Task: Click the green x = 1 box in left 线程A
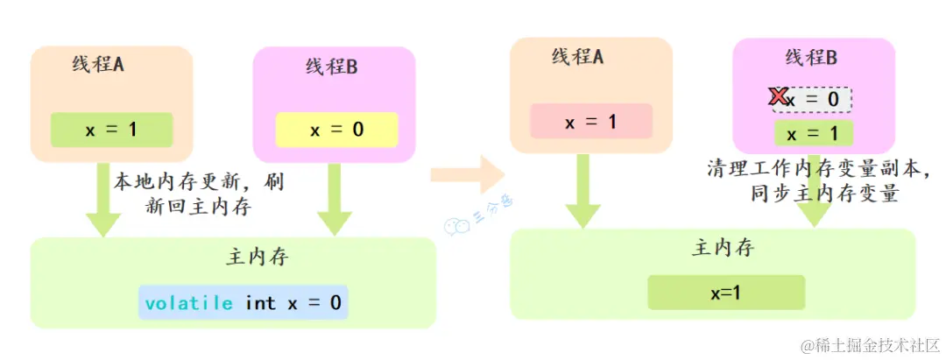coord(111,130)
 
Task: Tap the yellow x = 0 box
coord(336,130)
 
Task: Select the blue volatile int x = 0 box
coord(244,303)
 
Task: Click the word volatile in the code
coord(189,303)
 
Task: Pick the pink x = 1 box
coord(591,121)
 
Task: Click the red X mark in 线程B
coord(776,97)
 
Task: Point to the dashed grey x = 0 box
coord(813,100)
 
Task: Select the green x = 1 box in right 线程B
coord(812,134)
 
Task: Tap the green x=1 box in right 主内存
coord(725,292)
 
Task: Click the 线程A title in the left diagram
coord(98,65)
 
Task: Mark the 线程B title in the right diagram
coord(811,58)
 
